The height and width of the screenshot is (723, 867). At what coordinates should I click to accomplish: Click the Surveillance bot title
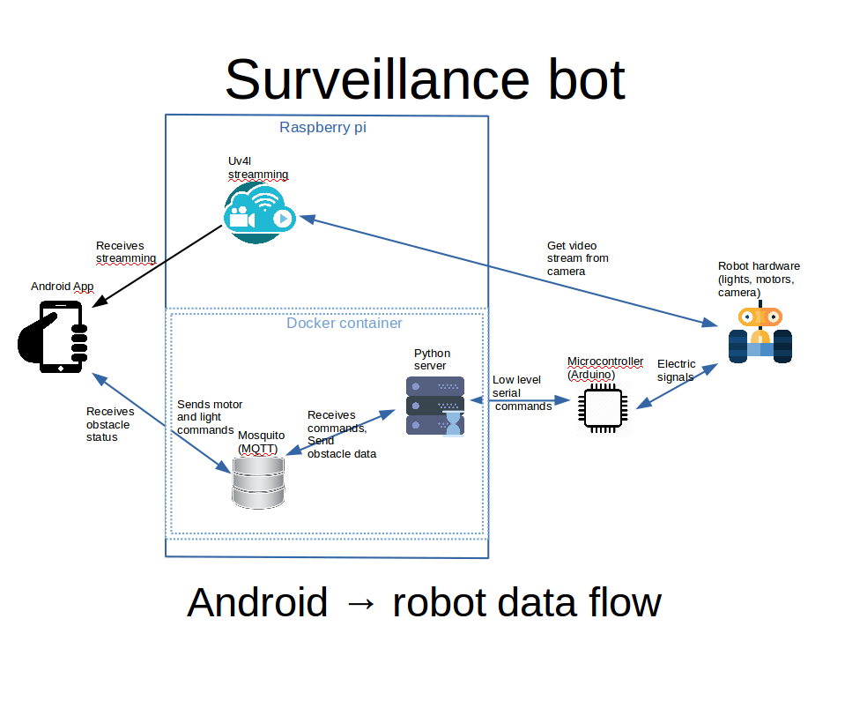tap(425, 79)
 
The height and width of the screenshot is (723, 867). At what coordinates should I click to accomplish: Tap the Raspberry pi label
tap(322, 127)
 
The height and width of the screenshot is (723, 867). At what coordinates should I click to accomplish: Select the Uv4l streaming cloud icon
tap(257, 212)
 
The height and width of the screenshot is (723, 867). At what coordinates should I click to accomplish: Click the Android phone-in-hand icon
tap(54, 336)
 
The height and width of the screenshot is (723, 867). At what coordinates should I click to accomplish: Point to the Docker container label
tap(344, 324)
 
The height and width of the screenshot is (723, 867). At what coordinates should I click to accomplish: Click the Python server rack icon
tap(434, 406)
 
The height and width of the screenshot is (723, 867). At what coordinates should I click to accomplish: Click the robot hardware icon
tap(760, 334)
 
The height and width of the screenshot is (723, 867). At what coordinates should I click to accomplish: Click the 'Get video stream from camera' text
tap(577, 258)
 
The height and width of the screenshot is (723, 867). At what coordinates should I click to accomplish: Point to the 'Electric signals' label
tap(676, 370)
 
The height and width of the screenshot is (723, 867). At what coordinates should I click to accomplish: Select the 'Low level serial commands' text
tap(522, 392)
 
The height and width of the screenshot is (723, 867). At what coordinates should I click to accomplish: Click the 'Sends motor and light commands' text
tap(210, 417)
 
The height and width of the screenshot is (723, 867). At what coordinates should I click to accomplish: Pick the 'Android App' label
tap(62, 286)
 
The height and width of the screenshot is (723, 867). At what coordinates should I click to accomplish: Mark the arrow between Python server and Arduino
tap(520, 401)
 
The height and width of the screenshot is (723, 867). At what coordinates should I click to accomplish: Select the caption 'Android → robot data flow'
tap(424, 603)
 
